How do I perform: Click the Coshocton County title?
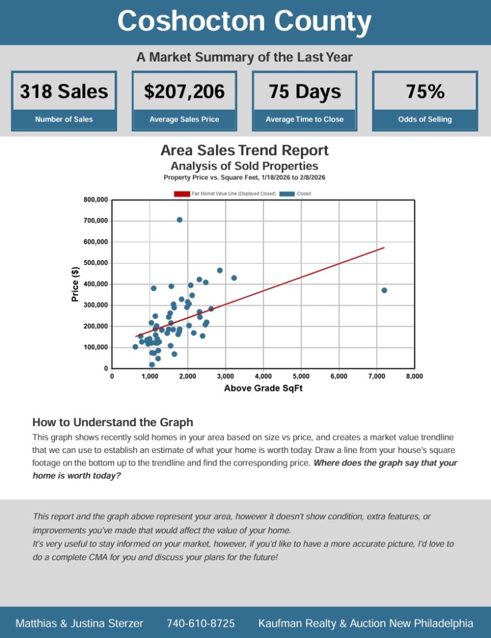coord(245,22)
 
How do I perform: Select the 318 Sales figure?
coord(64,92)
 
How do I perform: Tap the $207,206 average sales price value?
coord(184,92)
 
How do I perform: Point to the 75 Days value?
coord(304,92)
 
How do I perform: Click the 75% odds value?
coord(425,92)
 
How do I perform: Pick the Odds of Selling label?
coord(425,119)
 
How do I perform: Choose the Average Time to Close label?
coord(304,119)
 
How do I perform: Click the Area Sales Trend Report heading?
coord(245,150)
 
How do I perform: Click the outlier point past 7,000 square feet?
coord(384,290)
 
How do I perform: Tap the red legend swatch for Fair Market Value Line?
coord(182,194)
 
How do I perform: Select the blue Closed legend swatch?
coord(286,194)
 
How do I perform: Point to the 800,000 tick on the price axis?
coord(95,200)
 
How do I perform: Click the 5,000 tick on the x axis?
coord(301,376)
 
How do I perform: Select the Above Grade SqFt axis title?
coord(263,389)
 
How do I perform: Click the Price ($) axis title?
coord(75,283)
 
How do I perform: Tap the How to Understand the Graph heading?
coord(113,422)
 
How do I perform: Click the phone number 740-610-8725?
coord(201,623)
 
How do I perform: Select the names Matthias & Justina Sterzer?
coord(79,623)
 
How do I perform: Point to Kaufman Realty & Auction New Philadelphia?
coord(366,623)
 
